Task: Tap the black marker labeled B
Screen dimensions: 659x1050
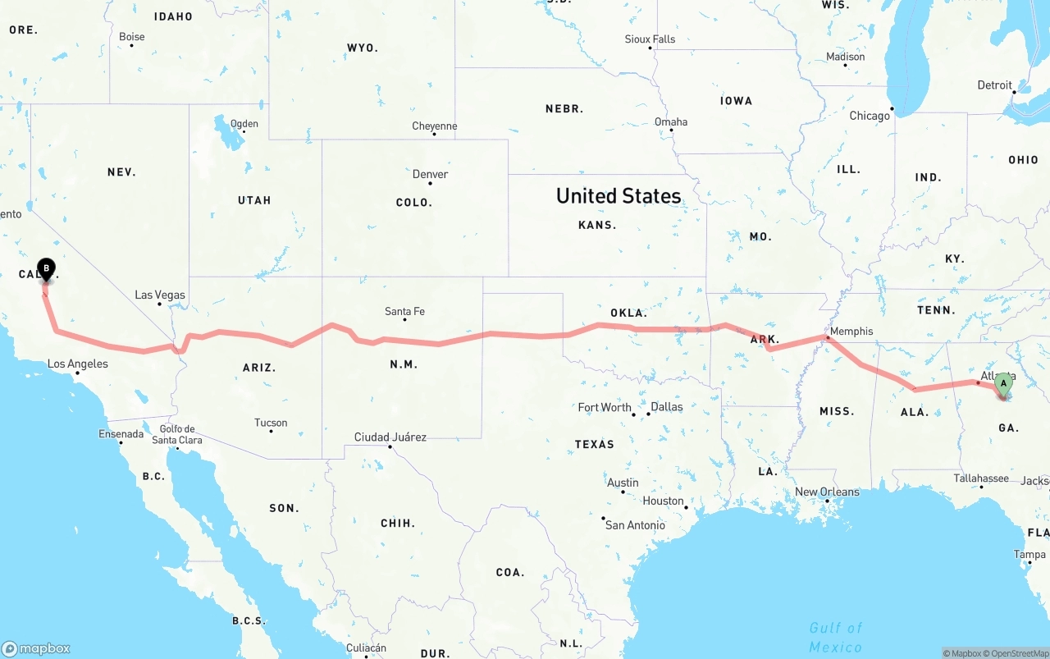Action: pyautogui.click(x=47, y=268)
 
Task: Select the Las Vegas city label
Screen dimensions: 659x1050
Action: pyautogui.click(x=160, y=295)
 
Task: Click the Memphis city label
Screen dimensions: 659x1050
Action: pyautogui.click(x=851, y=332)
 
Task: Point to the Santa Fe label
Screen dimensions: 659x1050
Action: pyautogui.click(x=404, y=311)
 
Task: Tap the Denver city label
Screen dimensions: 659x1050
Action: pyautogui.click(x=431, y=174)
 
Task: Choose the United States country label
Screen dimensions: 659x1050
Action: pyautogui.click(x=618, y=195)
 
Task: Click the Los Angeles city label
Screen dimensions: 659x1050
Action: pyautogui.click(x=77, y=364)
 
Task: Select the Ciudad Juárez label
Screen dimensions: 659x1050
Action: pyautogui.click(x=390, y=437)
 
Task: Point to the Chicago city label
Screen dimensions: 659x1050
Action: pyautogui.click(x=870, y=116)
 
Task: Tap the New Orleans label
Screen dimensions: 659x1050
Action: pyautogui.click(x=827, y=492)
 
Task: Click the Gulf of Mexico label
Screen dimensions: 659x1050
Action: pyautogui.click(x=836, y=637)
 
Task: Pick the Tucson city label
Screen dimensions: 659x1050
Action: pyautogui.click(x=271, y=423)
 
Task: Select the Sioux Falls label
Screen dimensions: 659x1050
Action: pyautogui.click(x=650, y=39)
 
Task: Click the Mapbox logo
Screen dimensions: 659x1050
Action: pyautogui.click(x=36, y=648)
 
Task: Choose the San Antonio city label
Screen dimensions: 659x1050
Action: pyautogui.click(x=635, y=524)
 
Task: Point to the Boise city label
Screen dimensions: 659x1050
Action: pyautogui.click(x=131, y=36)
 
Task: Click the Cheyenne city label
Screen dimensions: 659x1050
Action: pyautogui.click(x=434, y=126)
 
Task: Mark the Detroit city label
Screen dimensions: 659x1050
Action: pyautogui.click(x=994, y=85)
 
